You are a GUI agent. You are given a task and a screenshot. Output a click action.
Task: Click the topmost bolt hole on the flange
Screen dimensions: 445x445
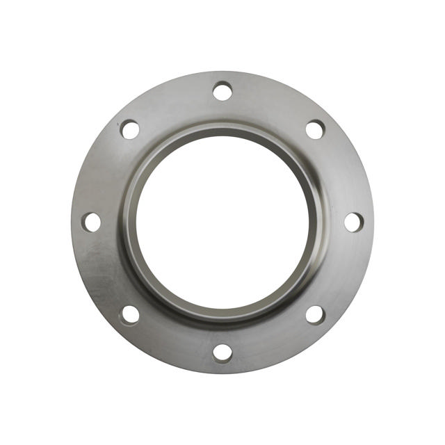point(222,91)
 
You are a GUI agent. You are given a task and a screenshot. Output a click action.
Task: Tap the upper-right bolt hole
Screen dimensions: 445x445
point(315,129)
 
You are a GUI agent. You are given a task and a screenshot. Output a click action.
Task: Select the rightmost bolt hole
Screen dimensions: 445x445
point(353,222)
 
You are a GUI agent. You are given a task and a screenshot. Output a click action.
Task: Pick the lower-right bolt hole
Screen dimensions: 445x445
point(315,314)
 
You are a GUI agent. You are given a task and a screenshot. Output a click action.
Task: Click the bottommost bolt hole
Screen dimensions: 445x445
point(222,352)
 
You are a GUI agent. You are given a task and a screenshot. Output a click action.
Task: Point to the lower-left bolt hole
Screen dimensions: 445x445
point(130,314)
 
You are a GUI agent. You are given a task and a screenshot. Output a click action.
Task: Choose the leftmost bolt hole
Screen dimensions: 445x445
point(91,222)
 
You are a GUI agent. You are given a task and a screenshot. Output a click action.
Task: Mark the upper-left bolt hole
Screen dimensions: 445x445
point(130,129)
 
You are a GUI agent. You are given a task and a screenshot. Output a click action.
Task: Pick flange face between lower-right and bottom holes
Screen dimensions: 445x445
point(273,342)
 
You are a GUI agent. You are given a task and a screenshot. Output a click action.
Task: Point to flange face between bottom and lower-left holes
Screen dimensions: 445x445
point(172,342)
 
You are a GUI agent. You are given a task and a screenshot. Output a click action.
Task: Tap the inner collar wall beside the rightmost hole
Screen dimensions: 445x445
point(319,222)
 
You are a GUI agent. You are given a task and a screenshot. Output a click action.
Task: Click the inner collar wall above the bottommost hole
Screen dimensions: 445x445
point(222,316)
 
